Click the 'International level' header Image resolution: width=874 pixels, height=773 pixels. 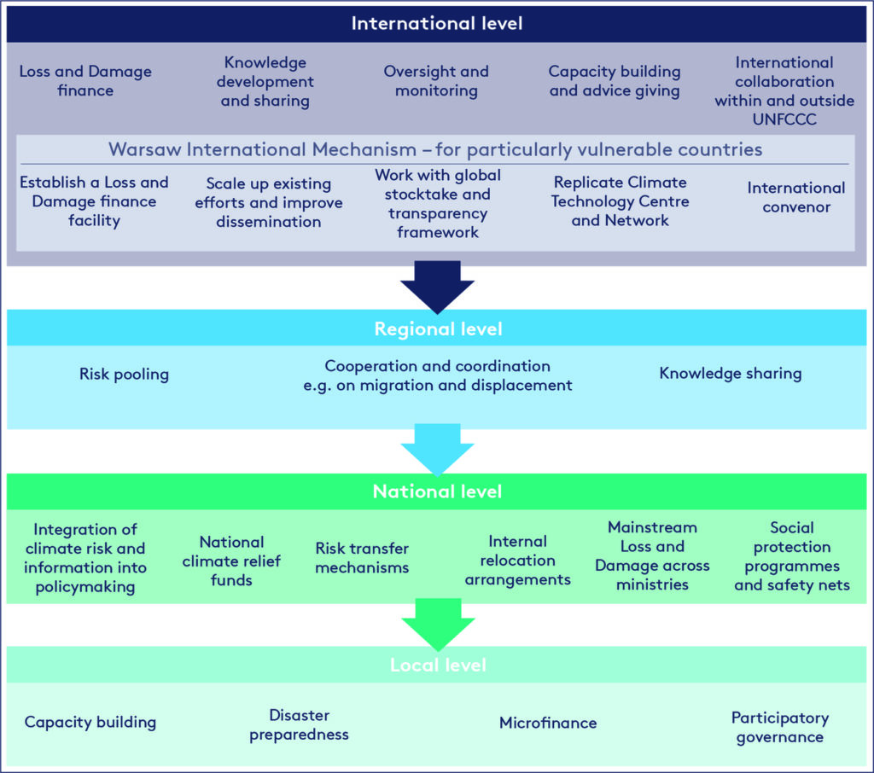pos(437,23)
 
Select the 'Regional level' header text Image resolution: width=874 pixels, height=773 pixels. pos(438,328)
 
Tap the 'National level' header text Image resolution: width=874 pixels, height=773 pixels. pos(438,491)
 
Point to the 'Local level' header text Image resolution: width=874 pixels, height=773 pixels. pos(438,665)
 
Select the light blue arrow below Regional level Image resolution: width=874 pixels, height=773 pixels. pos(438,450)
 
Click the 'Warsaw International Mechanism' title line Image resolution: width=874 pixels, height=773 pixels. pos(435,149)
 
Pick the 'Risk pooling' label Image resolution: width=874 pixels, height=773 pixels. pos(124,374)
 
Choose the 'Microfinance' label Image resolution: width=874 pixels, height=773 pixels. pos(548,723)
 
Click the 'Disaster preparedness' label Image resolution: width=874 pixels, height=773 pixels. pos(299,724)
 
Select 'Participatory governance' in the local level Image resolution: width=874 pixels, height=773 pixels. pos(780,727)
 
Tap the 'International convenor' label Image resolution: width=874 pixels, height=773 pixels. pos(796,197)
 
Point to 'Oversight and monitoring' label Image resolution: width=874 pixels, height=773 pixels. pos(436,81)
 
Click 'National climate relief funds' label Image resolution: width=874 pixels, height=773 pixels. pos(231,561)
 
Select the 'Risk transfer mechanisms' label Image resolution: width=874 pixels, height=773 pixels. pos(362,557)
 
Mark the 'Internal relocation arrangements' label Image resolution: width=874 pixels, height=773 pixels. pos(518,560)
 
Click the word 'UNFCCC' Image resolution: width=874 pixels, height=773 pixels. pos(784,119)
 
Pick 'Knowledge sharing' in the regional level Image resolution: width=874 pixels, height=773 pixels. pos(731,374)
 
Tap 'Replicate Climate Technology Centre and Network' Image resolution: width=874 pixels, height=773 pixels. pos(620,201)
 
